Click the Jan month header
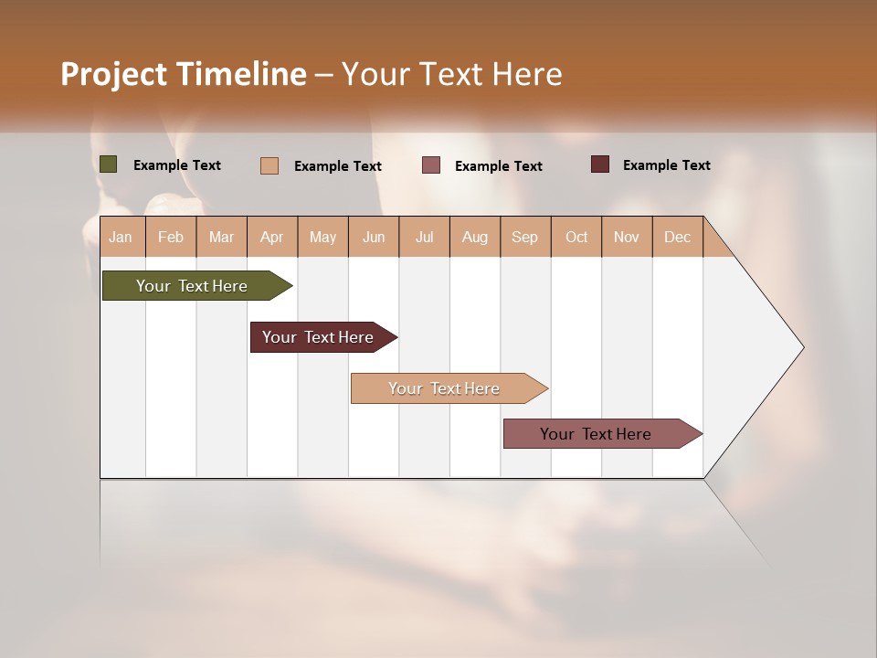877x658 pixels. [121, 237]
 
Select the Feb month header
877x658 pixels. [171, 237]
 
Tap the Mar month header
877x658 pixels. [221, 237]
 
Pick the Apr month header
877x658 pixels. [272, 237]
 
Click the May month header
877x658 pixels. [322, 237]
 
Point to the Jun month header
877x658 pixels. [374, 237]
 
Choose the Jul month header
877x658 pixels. [424, 237]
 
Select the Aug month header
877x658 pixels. [475, 237]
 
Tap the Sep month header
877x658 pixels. [525, 237]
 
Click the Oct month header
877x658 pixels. [576, 237]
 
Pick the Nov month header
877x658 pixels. [627, 237]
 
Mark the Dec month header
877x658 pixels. [678, 237]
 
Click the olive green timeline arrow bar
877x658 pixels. [192, 286]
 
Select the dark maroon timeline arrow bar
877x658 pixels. [319, 337]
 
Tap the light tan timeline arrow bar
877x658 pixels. [445, 388]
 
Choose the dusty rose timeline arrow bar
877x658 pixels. [597, 434]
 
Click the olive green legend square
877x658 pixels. [109, 164]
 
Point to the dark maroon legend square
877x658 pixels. [599, 164]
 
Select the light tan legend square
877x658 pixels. [269, 165]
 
